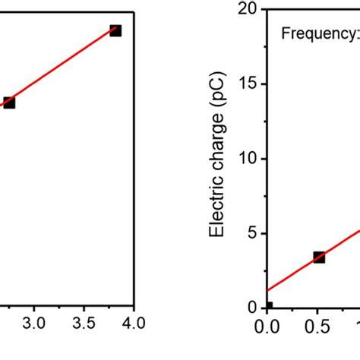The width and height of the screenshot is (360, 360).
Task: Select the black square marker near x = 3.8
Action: coord(115,30)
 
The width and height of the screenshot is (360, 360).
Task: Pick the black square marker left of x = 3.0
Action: coord(9,103)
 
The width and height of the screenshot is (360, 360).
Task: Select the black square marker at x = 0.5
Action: coord(319,257)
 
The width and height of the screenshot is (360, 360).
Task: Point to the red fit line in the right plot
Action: coord(292,274)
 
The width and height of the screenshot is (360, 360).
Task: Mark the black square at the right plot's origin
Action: coord(268,307)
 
